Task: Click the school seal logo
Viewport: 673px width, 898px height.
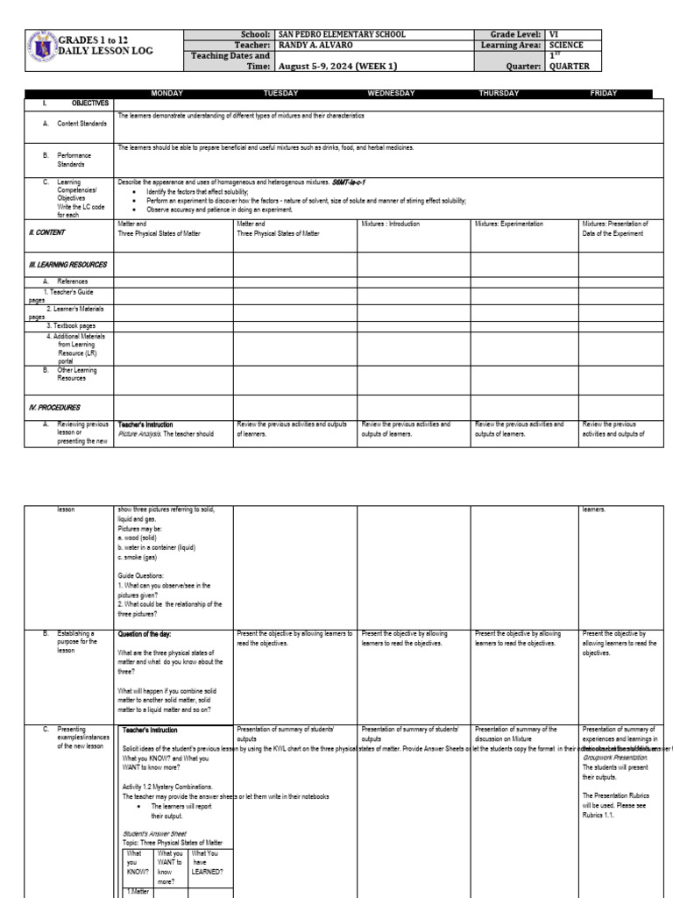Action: tap(43, 47)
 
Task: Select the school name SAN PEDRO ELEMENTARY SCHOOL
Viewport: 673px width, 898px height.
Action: tap(342, 34)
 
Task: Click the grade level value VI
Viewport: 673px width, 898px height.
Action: tap(554, 34)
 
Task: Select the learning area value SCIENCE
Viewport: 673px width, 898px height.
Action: tap(566, 45)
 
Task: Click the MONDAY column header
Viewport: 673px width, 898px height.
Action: tap(166, 93)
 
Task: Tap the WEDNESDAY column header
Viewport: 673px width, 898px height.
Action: tap(391, 93)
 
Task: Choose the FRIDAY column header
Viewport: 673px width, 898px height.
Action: tap(604, 93)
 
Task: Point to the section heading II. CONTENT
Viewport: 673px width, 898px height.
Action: tap(48, 233)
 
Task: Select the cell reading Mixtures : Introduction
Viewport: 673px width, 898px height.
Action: tap(391, 224)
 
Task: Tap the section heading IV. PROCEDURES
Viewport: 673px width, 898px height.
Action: tap(55, 408)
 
